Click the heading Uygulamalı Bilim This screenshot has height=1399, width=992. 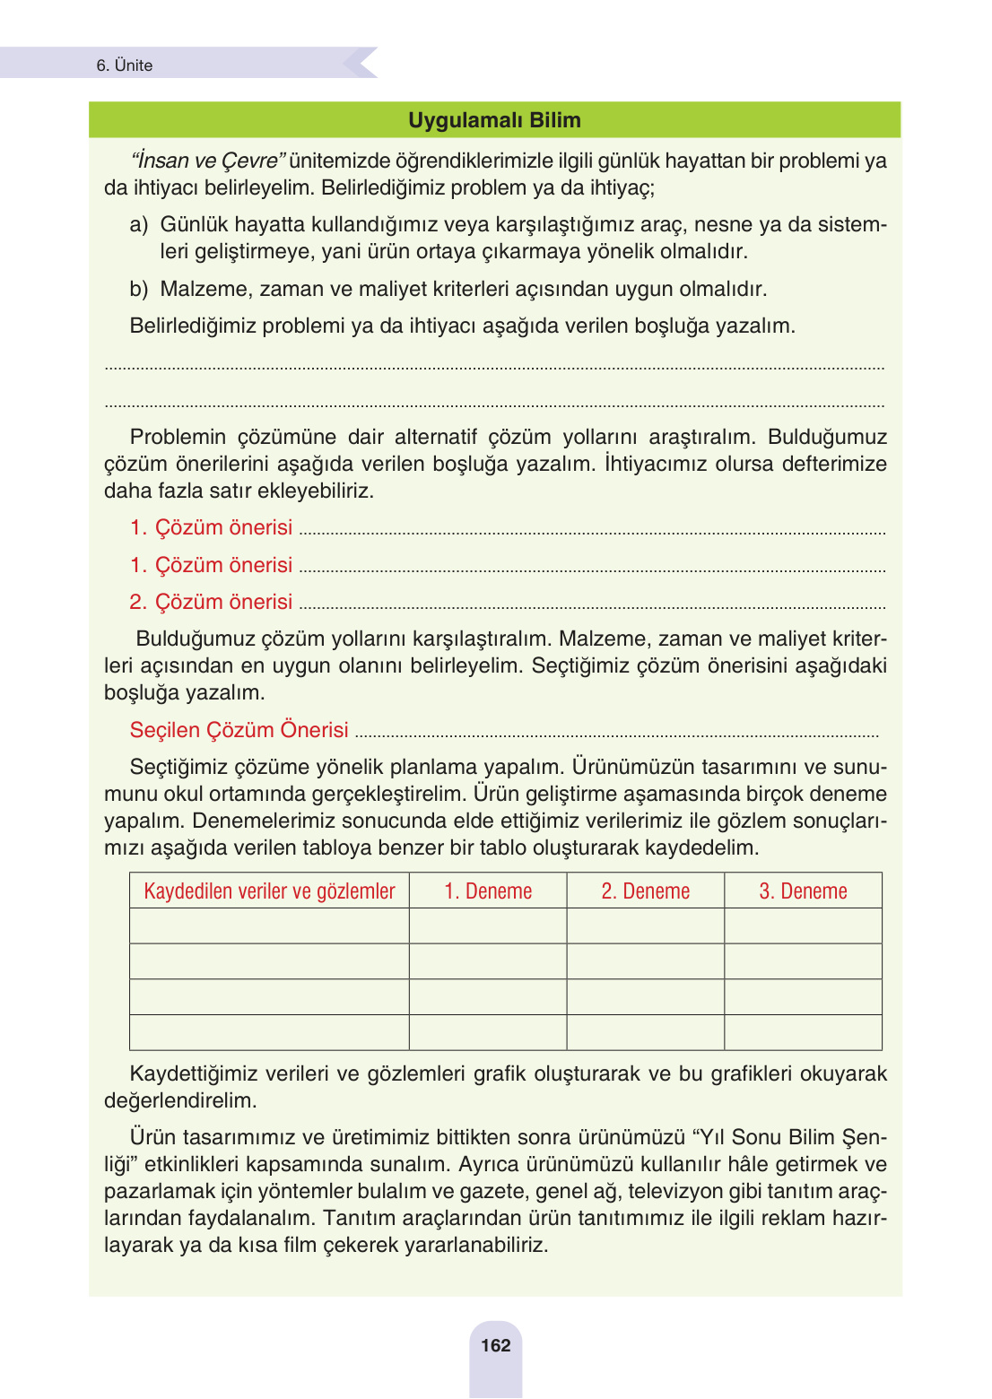494,120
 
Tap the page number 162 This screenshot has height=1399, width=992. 495,1345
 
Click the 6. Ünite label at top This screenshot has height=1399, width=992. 125,65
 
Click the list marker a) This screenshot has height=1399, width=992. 138,224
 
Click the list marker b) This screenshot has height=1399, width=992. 138,289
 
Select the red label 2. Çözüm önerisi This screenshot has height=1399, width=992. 211,602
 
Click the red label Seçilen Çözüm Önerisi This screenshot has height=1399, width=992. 239,730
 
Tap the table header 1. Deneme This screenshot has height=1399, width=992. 488,891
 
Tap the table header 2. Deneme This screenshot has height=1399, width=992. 646,891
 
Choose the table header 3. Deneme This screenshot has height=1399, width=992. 803,891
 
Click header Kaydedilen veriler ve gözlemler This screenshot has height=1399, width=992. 269,891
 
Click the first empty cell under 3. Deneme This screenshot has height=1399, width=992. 803,925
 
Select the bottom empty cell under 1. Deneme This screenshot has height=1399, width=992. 488,1032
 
